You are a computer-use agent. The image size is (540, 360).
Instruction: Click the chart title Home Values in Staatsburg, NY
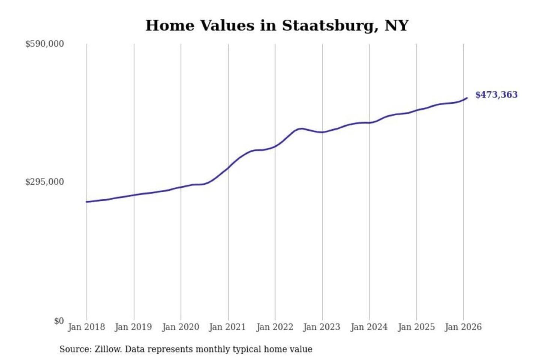pyautogui.click(x=277, y=25)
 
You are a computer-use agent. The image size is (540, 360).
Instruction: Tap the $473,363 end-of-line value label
pyautogui.click(x=496, y=94)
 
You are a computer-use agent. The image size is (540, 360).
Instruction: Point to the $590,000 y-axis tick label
pyautogui.click(x=45, y=44)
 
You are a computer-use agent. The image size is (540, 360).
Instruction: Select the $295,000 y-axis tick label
pyautogui.click(x=45, y=182)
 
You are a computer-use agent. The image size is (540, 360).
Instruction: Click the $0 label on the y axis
pyautogui.click(x=59, y=321)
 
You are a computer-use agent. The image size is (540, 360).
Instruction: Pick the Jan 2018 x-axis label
pyautogui.click(x=86, y=327)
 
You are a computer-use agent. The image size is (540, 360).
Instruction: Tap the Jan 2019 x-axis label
pyautogui.click(x=133, y=327)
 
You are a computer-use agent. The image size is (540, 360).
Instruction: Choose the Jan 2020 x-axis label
pyautogui.click(x=180, y=327)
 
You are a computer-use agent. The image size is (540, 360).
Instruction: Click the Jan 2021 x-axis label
pyautogui.click(x=227, y=327)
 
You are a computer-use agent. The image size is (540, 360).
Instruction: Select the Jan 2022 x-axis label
pyautogui.click(x=274, y=327)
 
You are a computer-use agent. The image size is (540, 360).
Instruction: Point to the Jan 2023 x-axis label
pyautogui.click(x=321, y=327)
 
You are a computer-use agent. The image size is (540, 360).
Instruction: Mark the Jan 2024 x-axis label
pyautogui.click(x=369, y=327)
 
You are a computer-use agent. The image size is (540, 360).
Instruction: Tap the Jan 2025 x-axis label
pyautogui.click(x=416, y=327)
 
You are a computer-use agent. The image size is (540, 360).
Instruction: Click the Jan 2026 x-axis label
pyautogui.click(x=463, y=327)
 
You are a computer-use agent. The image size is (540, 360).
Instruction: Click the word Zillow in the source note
pyautogui.click(x=108, y=349)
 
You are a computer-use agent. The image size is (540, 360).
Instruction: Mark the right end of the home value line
pyautogui.click(x=467, y=98)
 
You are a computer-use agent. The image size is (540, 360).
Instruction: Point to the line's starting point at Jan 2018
pyautogui.click(x=87, y=202)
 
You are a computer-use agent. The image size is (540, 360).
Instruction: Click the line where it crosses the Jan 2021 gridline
pyautogui.click(x=228, y=168)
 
